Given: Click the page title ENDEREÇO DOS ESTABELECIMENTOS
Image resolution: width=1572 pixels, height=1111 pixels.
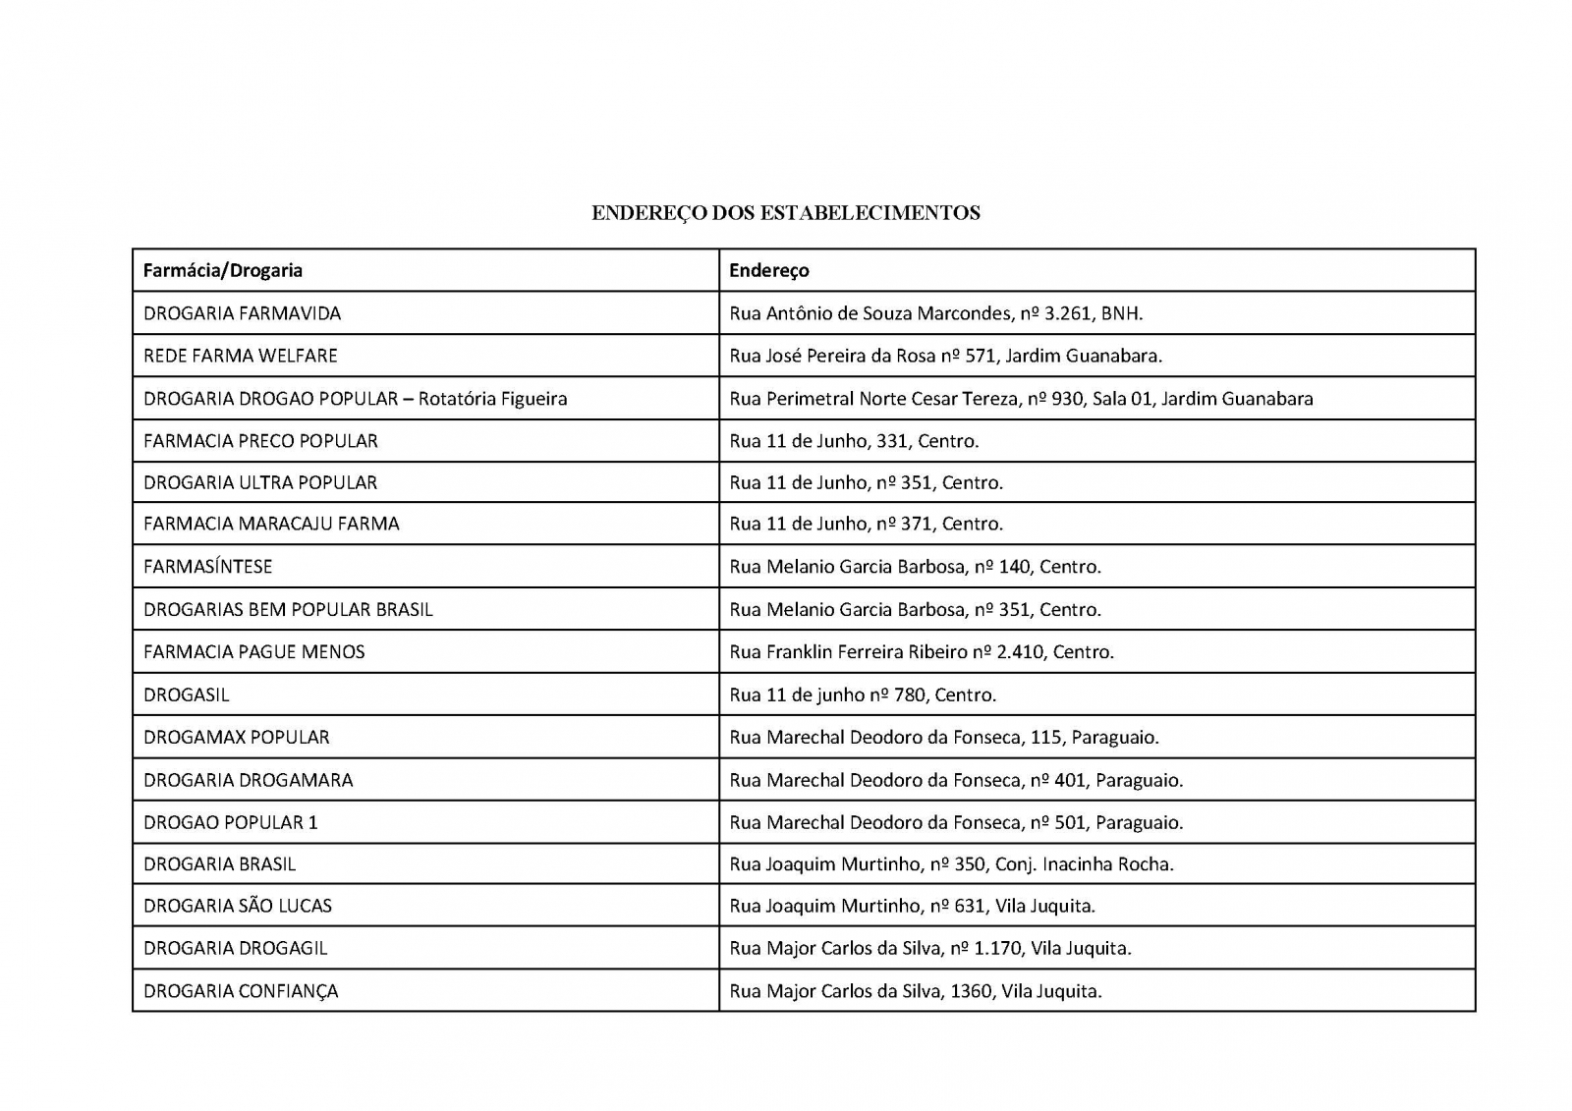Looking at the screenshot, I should (785, 213).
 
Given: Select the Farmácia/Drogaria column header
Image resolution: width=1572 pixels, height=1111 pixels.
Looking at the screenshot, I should (223, 270).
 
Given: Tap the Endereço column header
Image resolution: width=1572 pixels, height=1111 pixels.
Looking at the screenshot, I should (768, 270).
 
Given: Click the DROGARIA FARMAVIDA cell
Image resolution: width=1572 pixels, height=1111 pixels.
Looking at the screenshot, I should (242, 313).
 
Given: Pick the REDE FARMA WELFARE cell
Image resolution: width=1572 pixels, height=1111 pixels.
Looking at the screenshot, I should (240, 356).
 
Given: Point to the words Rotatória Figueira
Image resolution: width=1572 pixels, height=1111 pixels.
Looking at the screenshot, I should (492, 399).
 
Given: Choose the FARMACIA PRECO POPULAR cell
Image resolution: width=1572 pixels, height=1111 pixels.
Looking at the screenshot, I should (260, 441).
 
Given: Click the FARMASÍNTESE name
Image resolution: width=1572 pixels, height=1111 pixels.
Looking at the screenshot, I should (207, 567).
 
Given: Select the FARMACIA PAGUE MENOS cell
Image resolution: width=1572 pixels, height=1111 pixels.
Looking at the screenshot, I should (253, 652).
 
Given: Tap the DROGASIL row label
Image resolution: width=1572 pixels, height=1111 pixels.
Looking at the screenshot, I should (186, 695).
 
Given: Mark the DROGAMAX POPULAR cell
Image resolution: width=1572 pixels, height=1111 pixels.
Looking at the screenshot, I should (236, 738).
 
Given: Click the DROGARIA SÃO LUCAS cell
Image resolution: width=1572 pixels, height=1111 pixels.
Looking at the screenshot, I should (237, 906).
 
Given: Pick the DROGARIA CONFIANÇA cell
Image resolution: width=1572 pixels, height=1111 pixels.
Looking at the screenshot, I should (241, 991).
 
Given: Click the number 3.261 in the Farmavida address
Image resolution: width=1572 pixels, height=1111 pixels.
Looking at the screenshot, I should (1067, 313).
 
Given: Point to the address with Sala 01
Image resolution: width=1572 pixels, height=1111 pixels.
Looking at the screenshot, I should (1021, 399).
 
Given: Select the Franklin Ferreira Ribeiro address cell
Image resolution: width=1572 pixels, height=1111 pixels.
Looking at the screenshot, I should (921, 652).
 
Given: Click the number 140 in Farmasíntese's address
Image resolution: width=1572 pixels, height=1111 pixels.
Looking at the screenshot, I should (1014, 567).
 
